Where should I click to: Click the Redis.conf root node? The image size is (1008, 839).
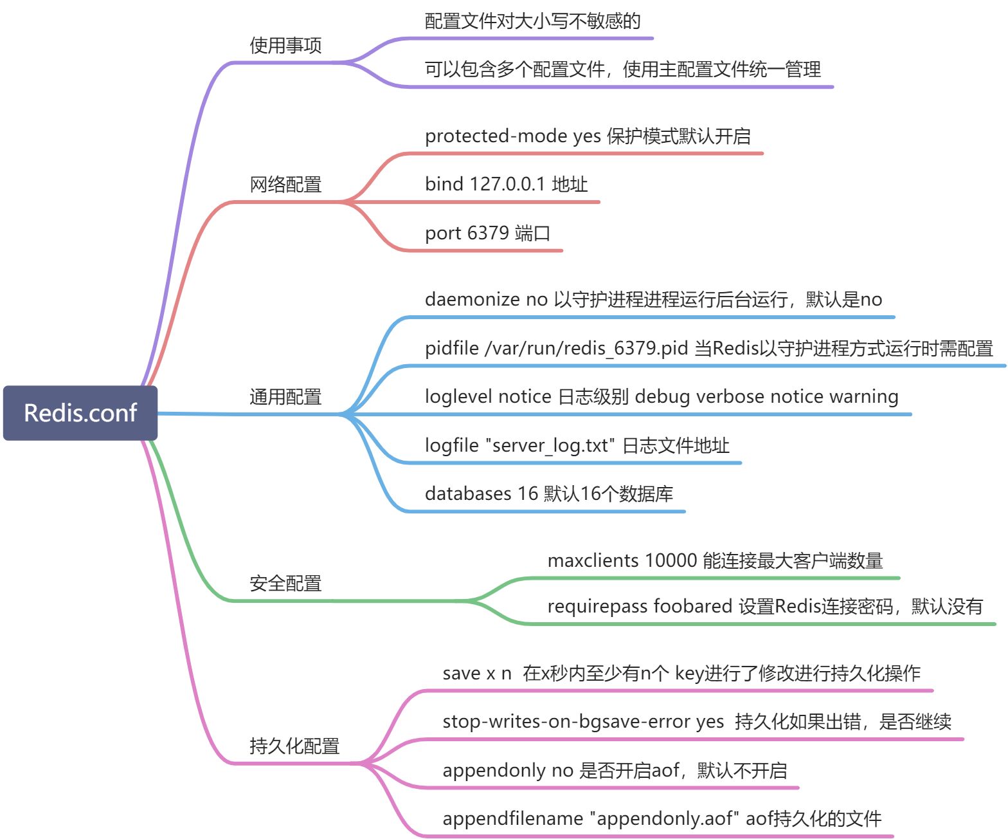click(x=80, y=413)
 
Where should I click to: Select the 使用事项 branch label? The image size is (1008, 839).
click(x=285, y=46)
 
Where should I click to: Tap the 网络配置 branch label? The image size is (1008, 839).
click(x=285, y=185)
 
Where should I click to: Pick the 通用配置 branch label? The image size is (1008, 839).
click(x=285, y=397)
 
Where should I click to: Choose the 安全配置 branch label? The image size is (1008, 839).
click(x=285, y=584)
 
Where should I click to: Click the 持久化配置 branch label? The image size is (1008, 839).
click(x=294, y=746)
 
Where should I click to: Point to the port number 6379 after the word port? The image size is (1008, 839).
click(x=488, y=233)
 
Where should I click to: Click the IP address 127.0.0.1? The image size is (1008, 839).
click(x=507, y=185)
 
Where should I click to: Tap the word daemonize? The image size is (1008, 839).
click(x=472, y=300)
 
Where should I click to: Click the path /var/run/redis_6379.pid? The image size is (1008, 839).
click(x=586, y=349)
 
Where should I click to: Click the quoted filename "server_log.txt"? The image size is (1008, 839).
click(x=550, y=446)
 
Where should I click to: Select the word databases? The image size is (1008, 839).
click(x=467, y=494)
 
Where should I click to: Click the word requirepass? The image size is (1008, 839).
click(x=597, y=607)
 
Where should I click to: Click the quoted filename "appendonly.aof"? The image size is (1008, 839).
click(x=665, y=819)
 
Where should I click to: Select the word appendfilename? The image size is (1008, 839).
click(x=512, y=819)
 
